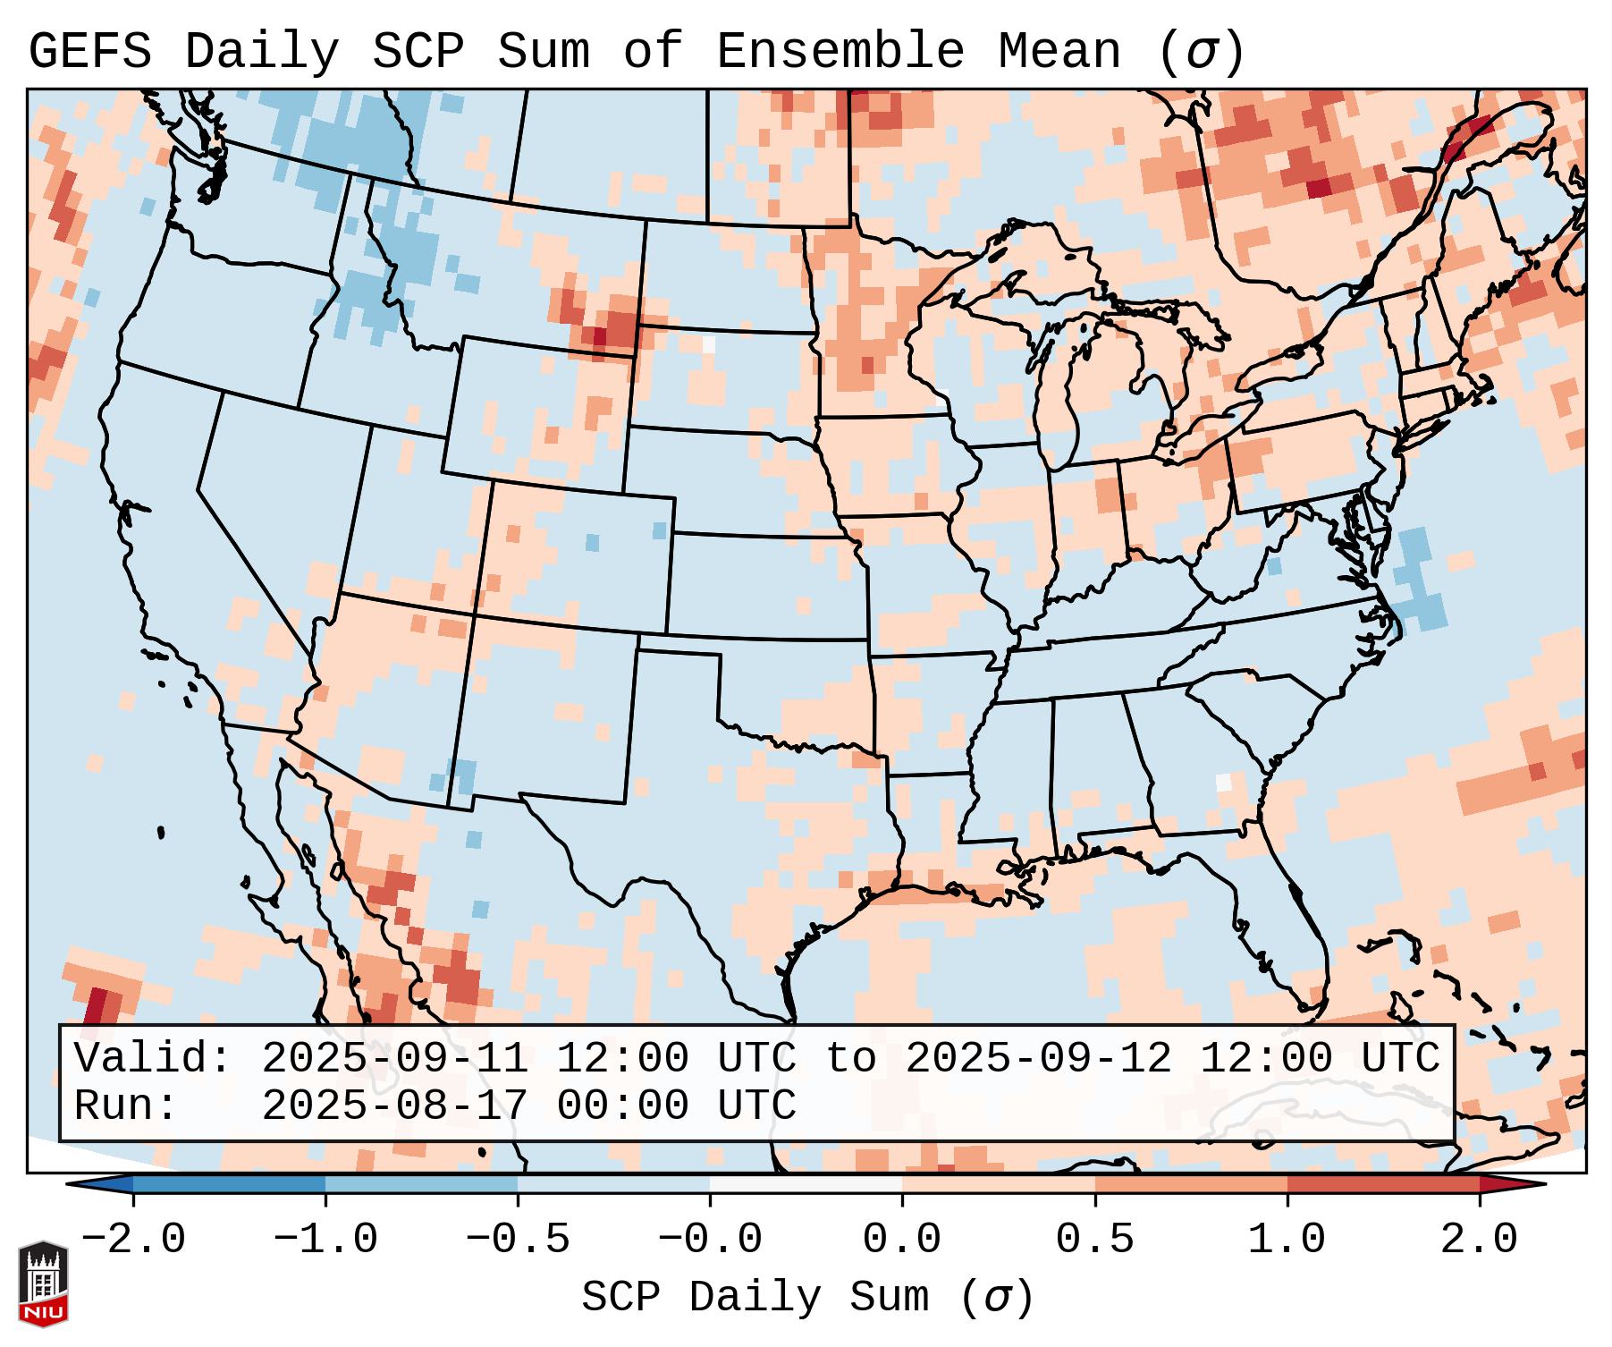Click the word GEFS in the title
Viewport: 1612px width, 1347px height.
click(x=89, y=52)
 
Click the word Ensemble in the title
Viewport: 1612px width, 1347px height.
click(x=840, y=52)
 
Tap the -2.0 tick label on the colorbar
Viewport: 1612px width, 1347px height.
click(x=133, y=1240)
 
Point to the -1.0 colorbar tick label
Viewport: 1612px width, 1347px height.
click(x=325, y=1240)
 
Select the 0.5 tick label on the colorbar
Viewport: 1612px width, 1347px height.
click(x=1095, y=1240)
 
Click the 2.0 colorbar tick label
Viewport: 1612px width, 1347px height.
click(x=1480, y=1240)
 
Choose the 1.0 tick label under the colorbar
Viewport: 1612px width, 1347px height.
click(x=1287, y=1240)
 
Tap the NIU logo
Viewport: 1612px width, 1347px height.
click(x=43, y=1284)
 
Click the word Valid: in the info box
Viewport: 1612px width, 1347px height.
click(x=152, y=1059)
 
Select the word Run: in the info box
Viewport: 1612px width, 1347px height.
click(x=126, y=1106)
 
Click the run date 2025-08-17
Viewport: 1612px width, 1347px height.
click(x=394, y=1106)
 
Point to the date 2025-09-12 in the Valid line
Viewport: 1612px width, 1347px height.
click(x=1038, y=1059)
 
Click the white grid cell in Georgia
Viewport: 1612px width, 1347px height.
click(x=1223, y=782)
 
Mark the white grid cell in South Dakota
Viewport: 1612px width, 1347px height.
click(x=709, y=343)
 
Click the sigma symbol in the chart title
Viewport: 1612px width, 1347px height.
click(x=1201, y=52)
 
